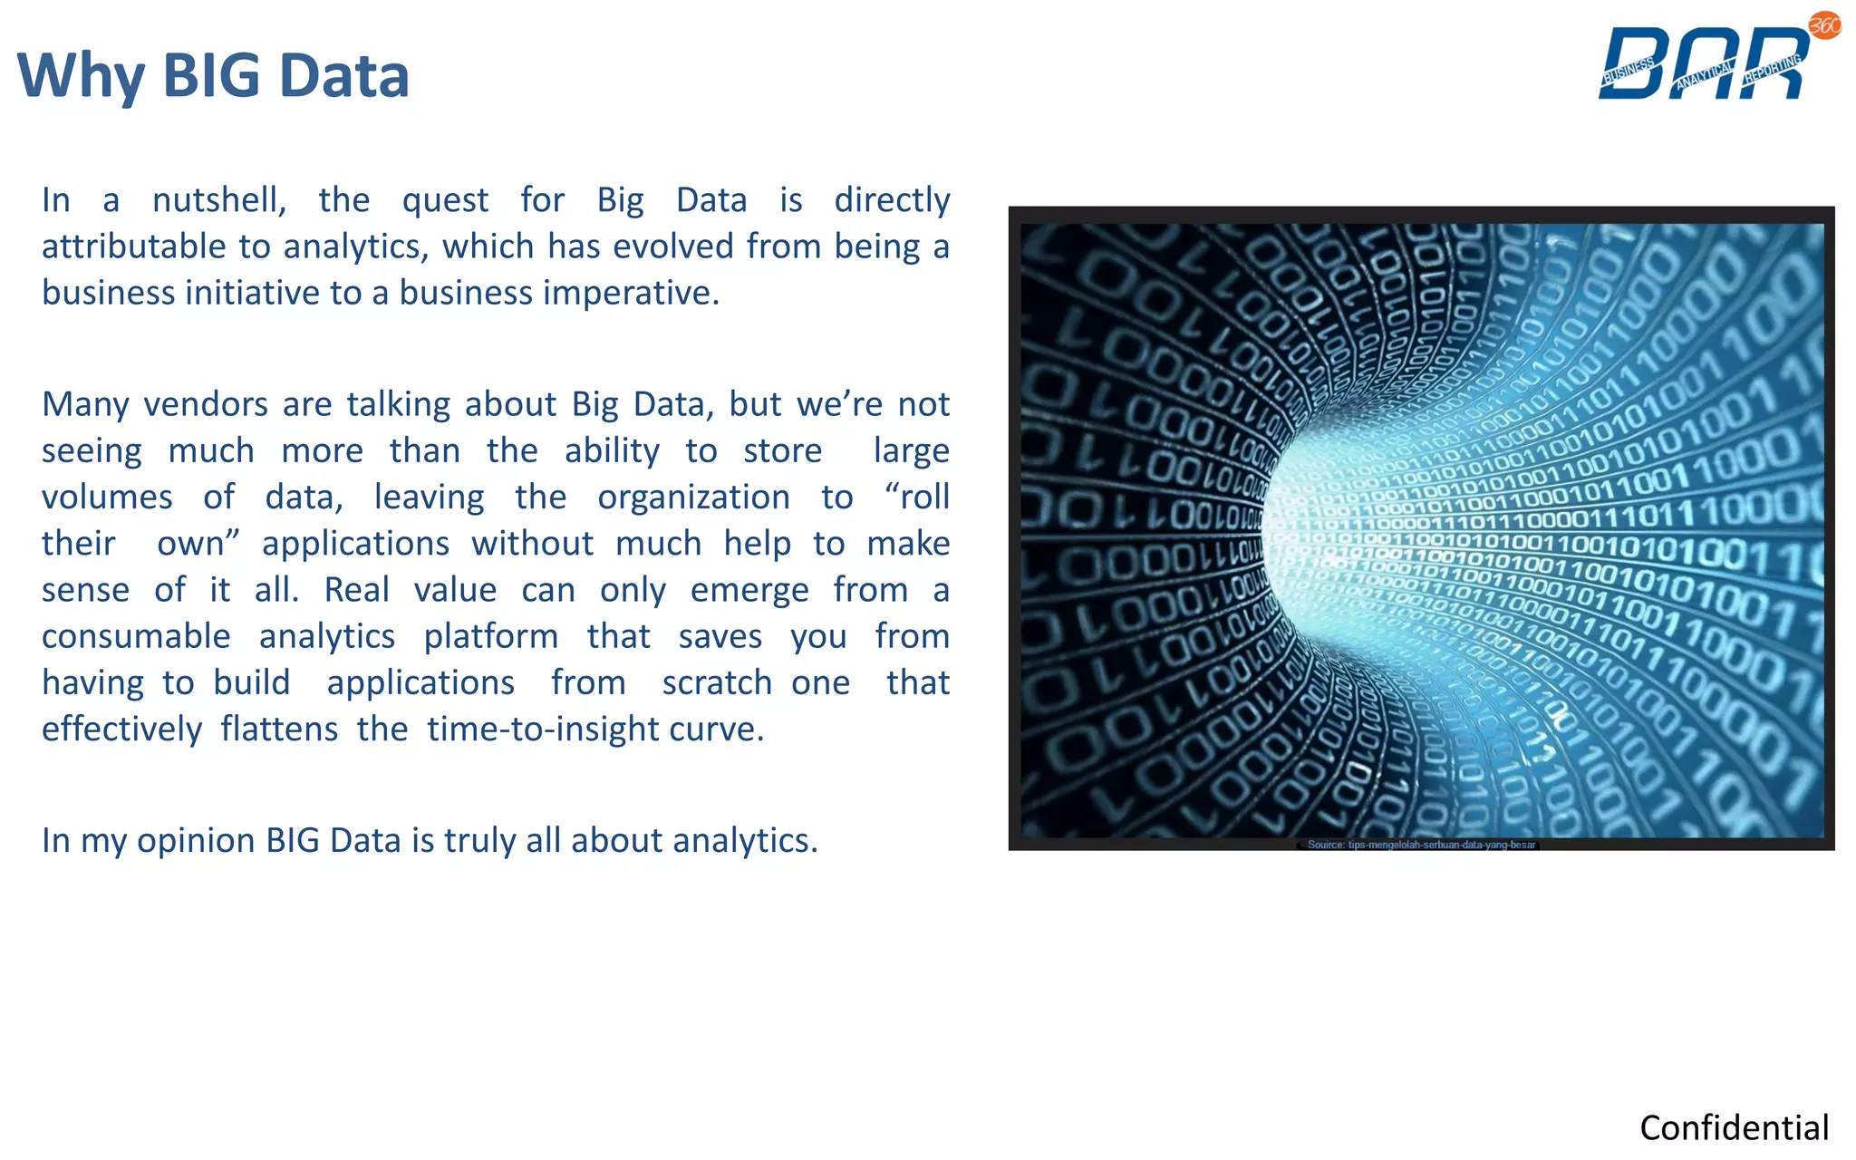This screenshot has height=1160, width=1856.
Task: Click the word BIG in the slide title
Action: tap(214, 75)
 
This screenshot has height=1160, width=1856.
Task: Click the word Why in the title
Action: tap(80, 77)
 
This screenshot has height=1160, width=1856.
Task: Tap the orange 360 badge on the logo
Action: tap(1824, 25)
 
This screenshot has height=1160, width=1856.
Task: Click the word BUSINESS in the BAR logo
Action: tap(1628, 71)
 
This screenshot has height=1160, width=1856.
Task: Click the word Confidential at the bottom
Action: tap(1734, 1127)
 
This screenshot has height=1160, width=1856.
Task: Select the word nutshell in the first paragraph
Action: tap(218, 200)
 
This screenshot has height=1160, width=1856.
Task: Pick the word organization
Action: tap(693, 498)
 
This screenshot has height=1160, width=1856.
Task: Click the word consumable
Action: tap(136, 636)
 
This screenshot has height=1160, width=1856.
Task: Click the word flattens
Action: tap(279, 729)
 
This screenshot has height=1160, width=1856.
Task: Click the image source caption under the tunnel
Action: tap(1421, 845)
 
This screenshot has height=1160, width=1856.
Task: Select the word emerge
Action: tap(749, 590)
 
